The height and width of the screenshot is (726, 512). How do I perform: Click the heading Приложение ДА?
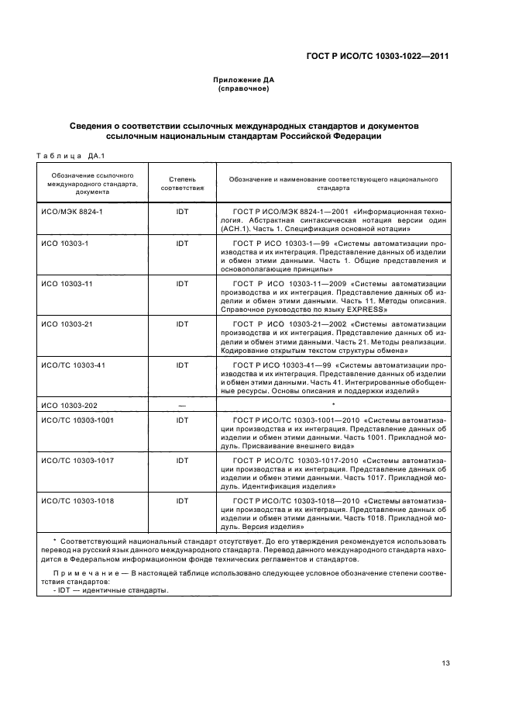243,80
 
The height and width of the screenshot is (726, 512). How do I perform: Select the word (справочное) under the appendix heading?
243,89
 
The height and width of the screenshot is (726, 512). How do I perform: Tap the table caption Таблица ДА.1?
70,154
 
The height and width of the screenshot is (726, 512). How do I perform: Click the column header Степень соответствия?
182,183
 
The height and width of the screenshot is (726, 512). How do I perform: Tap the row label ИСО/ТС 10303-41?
73,365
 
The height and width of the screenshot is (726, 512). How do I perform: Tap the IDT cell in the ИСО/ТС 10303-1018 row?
182,501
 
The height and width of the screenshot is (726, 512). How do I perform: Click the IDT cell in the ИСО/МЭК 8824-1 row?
182,211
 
